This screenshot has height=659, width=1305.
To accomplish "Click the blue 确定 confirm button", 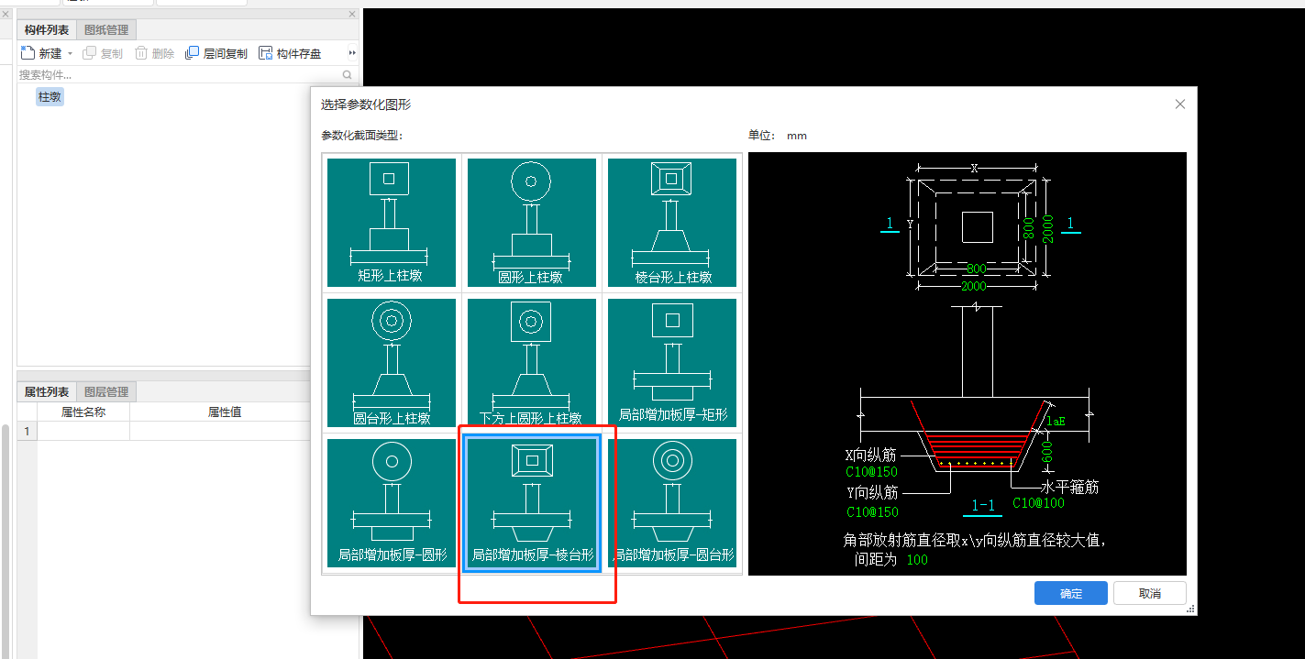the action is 1070,593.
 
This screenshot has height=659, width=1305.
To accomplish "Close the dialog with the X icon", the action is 1179,104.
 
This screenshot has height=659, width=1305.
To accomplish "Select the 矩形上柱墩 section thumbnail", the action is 392,223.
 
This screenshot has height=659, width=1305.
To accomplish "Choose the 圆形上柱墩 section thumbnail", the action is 531,223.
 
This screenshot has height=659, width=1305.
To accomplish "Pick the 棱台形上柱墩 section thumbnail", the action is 671,223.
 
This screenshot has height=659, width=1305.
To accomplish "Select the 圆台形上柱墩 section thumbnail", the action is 392,363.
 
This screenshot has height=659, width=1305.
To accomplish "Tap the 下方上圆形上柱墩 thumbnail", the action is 531,363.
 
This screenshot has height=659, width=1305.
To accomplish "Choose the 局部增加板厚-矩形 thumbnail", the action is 671,363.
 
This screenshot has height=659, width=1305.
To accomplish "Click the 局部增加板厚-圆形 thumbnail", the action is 392,503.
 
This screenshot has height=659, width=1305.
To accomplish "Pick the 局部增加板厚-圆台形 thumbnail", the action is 671,503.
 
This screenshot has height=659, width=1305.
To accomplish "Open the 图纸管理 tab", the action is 106,29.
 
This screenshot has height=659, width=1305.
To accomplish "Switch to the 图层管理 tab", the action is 106,391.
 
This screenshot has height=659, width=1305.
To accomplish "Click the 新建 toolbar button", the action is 41,53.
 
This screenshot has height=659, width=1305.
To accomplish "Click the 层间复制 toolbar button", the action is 216,53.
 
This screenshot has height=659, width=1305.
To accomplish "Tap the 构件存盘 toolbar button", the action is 290,53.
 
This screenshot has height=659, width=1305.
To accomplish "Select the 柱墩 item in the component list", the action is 50,96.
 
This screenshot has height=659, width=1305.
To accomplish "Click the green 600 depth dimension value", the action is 1047,453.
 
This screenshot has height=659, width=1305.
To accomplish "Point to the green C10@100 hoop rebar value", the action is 1038,503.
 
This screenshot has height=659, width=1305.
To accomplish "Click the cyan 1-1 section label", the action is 983,505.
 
